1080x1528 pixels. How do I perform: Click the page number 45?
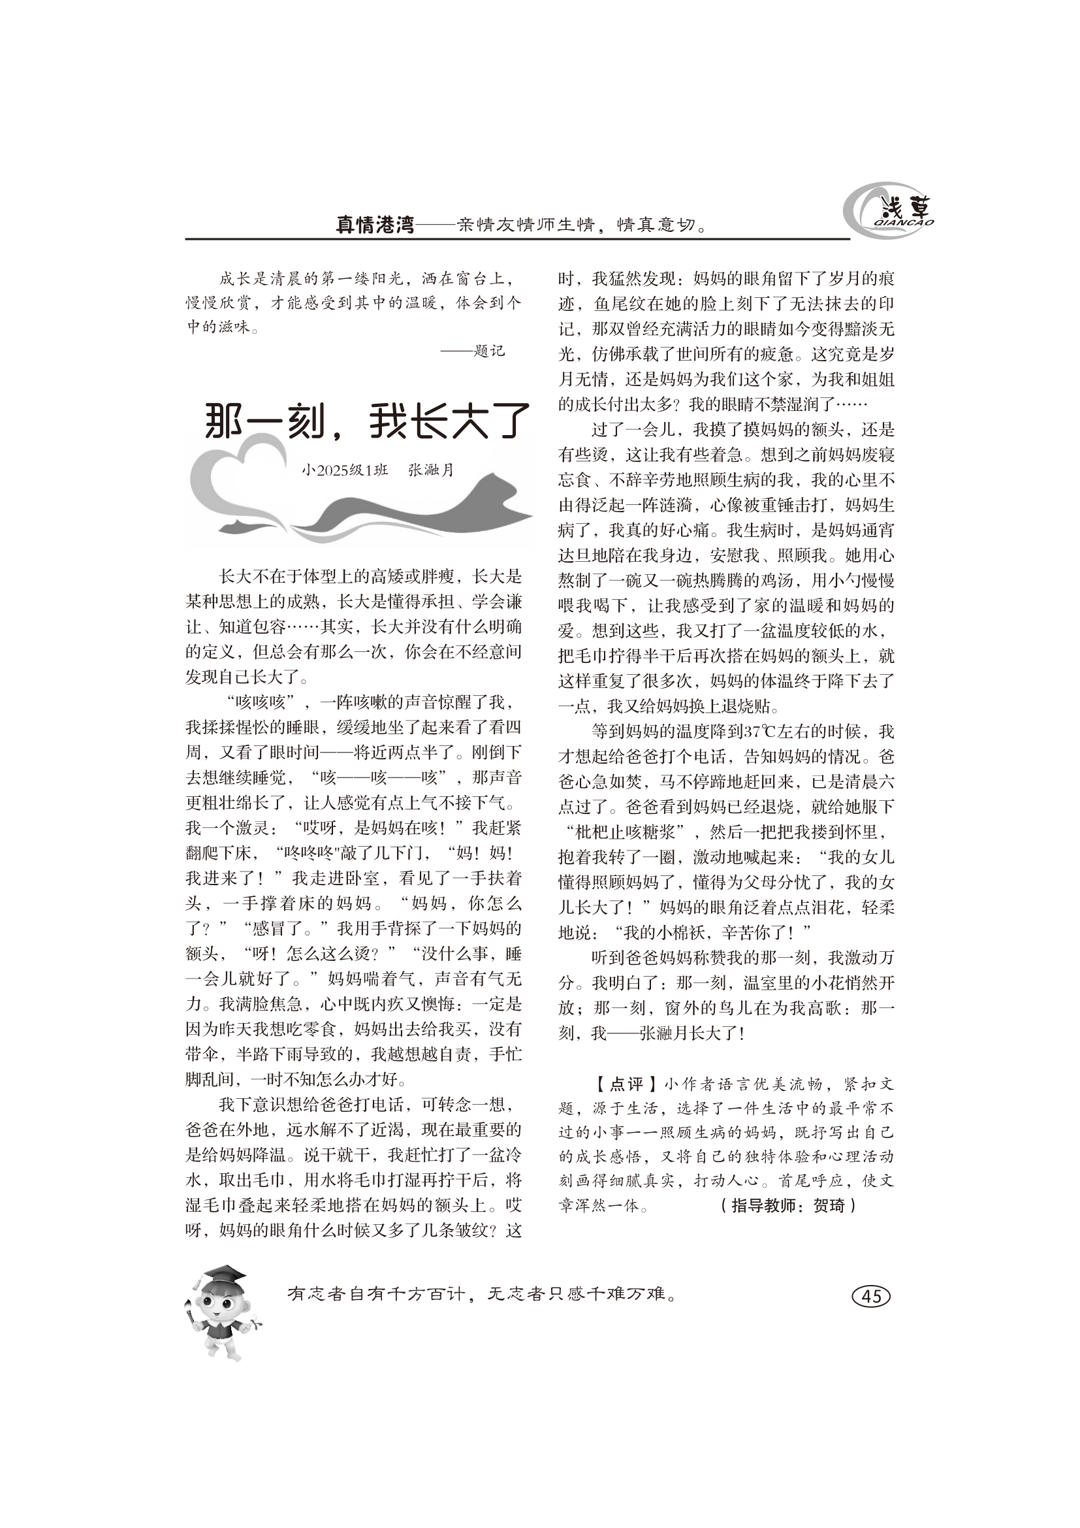point(871,1295)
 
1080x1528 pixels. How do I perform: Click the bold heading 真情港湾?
point(374,224)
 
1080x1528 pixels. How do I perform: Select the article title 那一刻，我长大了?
point(368,421)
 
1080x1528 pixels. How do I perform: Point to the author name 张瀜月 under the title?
point(431,470)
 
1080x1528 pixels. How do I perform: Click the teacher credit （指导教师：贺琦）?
point(789,1205)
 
